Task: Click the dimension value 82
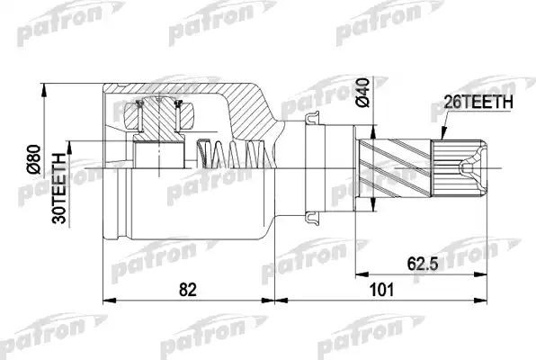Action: pos(189,290)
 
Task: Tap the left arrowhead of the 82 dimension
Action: pos(110,302)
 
